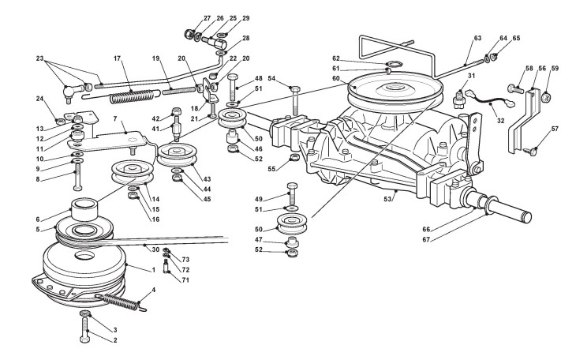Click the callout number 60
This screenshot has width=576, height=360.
(x=336, y=78)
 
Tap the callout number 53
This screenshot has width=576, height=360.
(x=388, y=199)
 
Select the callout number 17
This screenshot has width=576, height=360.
(x=117, y=58)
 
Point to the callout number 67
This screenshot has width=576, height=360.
(x=426, y=239)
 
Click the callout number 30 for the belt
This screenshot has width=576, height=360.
(x=155, y=249)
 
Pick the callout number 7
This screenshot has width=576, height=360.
(x=115, y=118)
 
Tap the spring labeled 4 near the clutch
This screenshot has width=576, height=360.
(x=121, y=302)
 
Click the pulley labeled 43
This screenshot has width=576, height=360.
(x=177, y=155)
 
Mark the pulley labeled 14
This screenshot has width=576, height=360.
(x=133, y=172)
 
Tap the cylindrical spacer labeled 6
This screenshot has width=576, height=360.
(x=84, y=209)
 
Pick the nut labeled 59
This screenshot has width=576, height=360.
(x=545, y=97)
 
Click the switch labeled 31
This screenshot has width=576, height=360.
(x=458, y=98)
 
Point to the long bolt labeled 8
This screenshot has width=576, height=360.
(x=77, y=178)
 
